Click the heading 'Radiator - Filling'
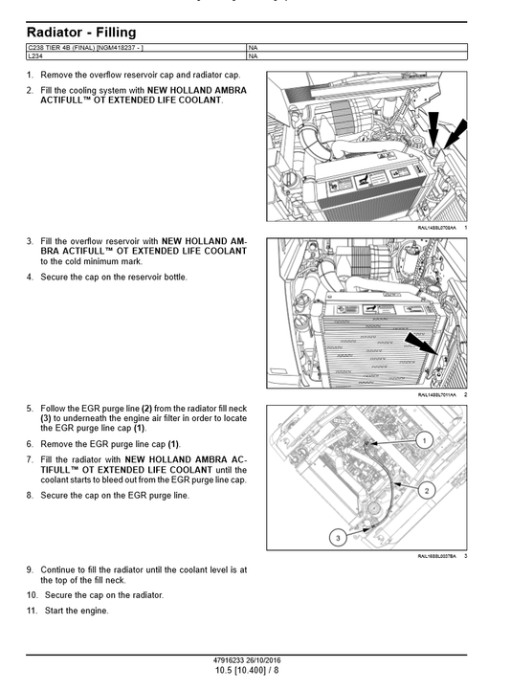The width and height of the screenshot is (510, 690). coord(81,33)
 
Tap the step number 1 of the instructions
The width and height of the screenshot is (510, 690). coord(30,75)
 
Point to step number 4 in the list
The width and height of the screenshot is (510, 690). coord(30,278)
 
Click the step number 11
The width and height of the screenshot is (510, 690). coord(31,611)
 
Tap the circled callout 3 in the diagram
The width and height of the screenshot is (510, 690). coord(337,539)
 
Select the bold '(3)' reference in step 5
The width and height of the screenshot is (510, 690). coord(46,418)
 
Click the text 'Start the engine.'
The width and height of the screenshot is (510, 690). coord(75,611)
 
